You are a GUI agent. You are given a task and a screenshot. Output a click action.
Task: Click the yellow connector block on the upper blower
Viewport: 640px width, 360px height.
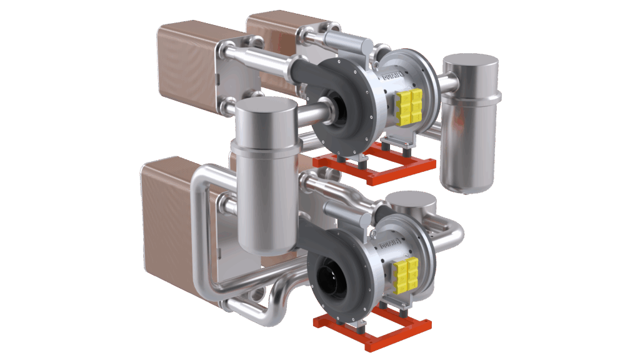(410, 105)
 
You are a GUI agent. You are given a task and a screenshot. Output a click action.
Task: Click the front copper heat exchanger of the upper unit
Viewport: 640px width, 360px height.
(187, 69)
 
